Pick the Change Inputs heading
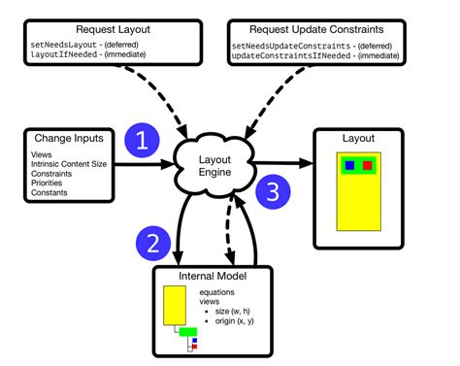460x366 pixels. [60, 135]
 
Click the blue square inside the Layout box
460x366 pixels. [348, 166]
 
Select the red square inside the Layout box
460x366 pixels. [368, 166]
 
